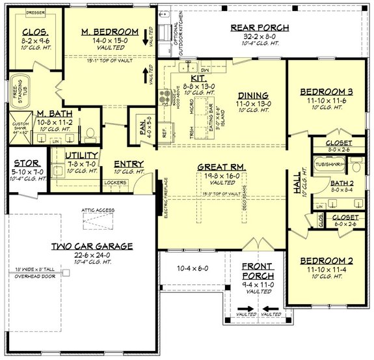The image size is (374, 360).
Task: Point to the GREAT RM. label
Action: [x=221, y=167]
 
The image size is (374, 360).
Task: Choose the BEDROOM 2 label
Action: [x=323, y=261]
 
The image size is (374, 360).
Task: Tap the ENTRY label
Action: [x=129, y=163]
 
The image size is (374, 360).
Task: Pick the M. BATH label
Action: [x=50, y=113]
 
